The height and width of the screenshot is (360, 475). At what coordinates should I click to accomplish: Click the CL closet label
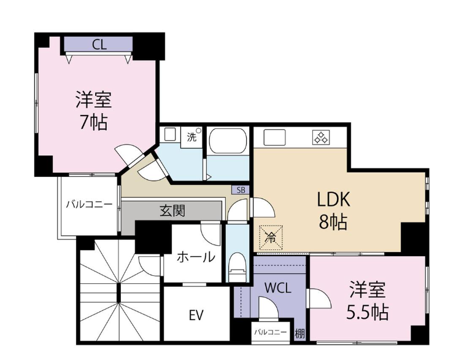pos(99,45)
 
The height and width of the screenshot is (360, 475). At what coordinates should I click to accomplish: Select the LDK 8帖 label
pos(333,210)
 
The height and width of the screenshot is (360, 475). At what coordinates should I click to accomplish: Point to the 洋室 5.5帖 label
pos(368,300)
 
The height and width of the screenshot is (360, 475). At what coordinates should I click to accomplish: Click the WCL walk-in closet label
pos(278,288)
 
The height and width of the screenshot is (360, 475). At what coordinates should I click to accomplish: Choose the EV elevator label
pos(196,315)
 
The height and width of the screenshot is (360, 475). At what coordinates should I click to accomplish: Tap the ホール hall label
pos(196,257)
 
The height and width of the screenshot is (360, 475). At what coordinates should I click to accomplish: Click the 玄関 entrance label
pos(172,211)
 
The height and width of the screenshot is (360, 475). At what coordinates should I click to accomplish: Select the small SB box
pos(241,190)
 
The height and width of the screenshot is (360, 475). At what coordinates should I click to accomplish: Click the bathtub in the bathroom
pos(228,142)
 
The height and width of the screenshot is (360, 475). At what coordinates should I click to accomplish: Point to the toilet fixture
pos(237,267)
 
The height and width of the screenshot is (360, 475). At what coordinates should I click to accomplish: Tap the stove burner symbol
pos(321,137)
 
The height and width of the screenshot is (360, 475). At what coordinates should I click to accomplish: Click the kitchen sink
pos(274,138)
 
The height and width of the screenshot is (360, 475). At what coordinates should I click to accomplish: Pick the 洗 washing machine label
pos(191,138)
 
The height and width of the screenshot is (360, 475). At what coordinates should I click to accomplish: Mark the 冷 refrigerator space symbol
pos(271,238)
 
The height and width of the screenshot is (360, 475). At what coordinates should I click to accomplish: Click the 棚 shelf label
pos(300,334)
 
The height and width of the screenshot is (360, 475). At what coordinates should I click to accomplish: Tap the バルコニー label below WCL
pos(270,332)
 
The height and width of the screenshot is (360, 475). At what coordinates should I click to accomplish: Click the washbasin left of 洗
pos(169,135)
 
